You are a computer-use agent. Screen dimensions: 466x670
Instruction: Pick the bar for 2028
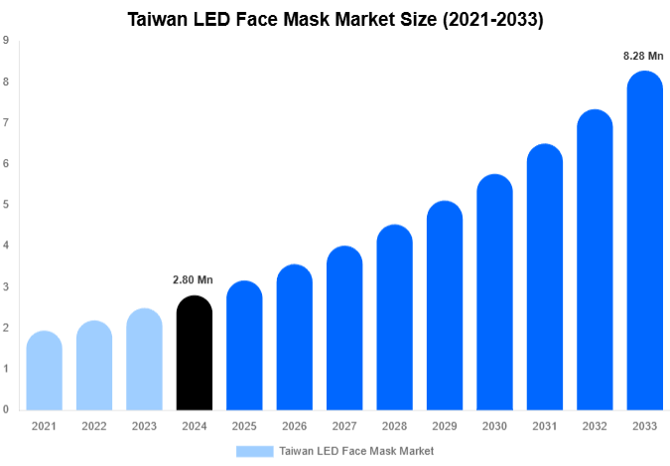click(394, 317)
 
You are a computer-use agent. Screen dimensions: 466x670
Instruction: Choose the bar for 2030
click(494, 292)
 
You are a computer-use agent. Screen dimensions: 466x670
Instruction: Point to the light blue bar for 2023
click(144, 359)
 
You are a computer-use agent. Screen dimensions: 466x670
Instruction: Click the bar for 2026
click(294, 337)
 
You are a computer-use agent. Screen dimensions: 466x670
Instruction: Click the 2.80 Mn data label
click(194, 281)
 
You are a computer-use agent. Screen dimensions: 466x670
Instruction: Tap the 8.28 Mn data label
click(643, 56)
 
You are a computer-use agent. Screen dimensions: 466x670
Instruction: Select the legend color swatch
click(254, 451)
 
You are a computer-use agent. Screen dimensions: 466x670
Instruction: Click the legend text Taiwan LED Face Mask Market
click(356, 451)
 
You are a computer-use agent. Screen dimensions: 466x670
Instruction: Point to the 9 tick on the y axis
click(7, 41)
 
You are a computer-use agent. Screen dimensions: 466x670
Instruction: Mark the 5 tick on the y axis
click(7, 205)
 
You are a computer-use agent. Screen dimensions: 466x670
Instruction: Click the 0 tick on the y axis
click(7, 409)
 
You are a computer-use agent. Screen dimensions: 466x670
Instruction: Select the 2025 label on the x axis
click(243, 426)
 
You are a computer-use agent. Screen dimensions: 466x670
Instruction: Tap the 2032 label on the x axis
click(594, 426)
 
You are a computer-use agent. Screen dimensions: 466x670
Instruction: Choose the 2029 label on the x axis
click(444, 426)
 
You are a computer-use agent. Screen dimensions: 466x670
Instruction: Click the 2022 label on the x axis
click(93, 426)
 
